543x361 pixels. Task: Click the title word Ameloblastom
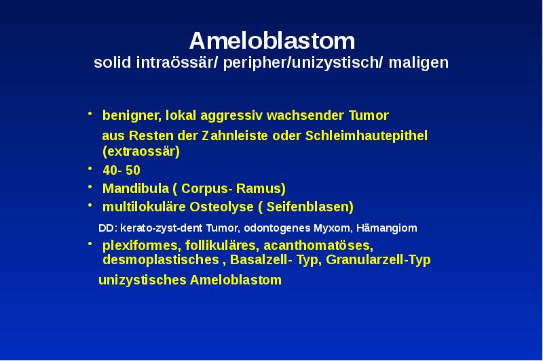coord(271,41)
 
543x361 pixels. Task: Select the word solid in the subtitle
coord(111,63)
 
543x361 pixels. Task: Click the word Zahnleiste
coord(236,136)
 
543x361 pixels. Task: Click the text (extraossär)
coord(141,151)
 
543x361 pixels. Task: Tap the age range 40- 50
coord(121,170)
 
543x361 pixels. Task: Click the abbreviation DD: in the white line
coord(108,228)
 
